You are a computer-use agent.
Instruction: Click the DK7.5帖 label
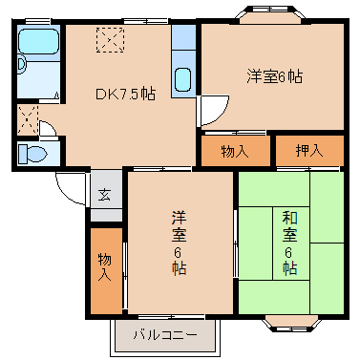(123, 94)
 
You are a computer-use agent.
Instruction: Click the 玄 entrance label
(104, 194)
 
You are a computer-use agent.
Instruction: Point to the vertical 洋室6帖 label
(178, 243)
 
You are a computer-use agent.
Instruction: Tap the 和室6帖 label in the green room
(289, 243)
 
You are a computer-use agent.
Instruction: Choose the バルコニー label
(165, 335)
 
